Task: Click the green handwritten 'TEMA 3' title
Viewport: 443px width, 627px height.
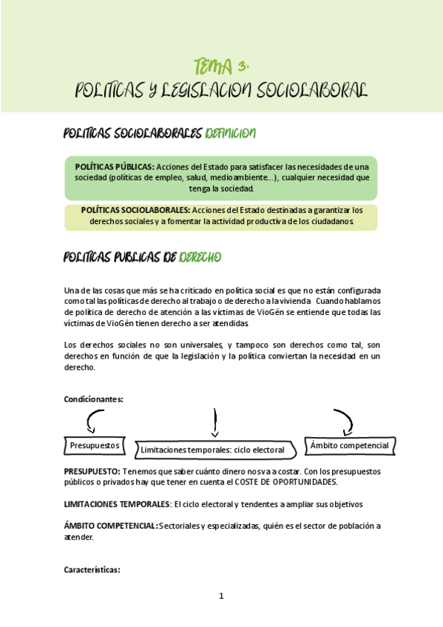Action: [220, 67]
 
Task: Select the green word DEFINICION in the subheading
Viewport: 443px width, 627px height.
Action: [231, 133]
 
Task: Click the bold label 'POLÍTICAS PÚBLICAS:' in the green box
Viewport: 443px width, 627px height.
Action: [114, 167]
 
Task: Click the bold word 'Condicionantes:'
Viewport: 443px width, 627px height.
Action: [93, 399]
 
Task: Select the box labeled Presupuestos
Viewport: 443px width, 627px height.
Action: [94, 446]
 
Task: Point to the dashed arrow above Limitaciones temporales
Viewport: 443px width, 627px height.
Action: [214, 424]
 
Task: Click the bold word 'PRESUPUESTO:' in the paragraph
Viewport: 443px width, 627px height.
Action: [92, 471]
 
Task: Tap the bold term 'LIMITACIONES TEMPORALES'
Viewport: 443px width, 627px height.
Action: [116, 504]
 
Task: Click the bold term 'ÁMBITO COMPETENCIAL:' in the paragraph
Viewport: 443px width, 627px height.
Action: [111, 526]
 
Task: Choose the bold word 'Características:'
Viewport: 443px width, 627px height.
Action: [92, 570]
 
